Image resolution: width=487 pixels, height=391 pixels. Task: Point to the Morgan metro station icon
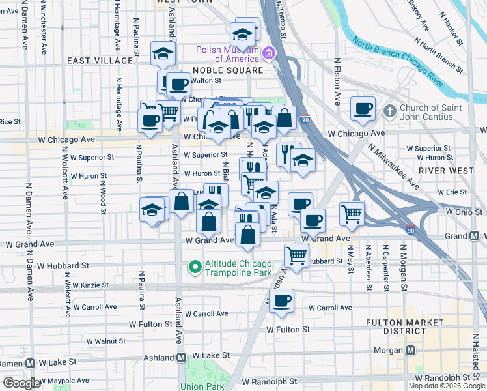pos(411,350)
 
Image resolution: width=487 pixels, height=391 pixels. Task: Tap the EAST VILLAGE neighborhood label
pos(99,61)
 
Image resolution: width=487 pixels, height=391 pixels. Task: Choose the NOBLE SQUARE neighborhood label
pos(227,70)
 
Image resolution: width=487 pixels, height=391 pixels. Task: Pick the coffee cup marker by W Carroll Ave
pos(281,300)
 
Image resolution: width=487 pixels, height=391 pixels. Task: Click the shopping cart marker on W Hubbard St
pos(296,255)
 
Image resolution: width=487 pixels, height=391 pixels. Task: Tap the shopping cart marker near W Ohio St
pos(352,212)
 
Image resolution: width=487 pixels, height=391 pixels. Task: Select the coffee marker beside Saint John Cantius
pos(363,108)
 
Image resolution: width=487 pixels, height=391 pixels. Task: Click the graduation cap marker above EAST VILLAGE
pos(163,53)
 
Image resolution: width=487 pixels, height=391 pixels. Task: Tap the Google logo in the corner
pos(21,383)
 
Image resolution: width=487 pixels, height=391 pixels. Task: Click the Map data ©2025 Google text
pos(446,386)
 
